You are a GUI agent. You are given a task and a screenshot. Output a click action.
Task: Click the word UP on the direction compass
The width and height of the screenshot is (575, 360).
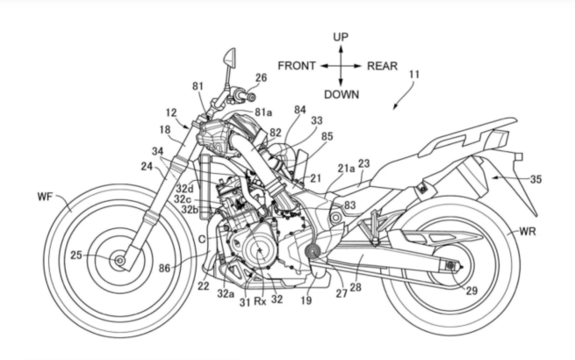point(341,37)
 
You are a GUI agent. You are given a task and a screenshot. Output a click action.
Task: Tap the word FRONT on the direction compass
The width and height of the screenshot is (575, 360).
point(297,66)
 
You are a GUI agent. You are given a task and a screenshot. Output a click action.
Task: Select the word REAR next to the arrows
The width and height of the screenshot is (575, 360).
point(383,66)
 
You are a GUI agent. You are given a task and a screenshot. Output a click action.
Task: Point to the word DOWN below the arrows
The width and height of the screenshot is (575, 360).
point(341,95)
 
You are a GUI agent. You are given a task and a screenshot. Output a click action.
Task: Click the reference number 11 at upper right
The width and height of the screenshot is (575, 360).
point(414,75)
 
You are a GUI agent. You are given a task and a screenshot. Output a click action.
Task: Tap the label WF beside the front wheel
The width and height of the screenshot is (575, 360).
point(45,197)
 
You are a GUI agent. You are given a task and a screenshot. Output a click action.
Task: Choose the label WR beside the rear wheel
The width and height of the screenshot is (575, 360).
point(528,232)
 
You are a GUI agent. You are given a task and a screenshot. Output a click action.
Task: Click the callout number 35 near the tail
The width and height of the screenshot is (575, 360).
point(535,179)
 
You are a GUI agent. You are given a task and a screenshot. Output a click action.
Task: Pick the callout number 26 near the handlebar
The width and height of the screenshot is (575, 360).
point(261,78)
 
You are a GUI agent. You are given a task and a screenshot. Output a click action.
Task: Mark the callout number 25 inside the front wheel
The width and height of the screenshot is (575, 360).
point(76,255)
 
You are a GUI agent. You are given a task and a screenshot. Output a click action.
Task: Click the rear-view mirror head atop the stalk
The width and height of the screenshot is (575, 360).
point(230,57)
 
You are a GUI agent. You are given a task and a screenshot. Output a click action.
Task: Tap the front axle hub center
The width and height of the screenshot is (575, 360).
point(119,261)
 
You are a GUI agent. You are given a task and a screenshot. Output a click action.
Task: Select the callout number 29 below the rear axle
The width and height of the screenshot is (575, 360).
point(472,291)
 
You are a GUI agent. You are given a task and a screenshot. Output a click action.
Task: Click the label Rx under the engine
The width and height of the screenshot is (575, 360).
point(260,302)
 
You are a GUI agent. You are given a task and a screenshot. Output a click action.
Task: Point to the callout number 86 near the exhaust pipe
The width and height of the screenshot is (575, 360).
point(165,269)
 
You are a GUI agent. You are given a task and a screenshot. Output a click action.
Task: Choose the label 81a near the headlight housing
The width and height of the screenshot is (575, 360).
point(263,112)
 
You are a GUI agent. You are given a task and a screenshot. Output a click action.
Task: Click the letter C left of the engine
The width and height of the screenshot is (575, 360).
point(202,239)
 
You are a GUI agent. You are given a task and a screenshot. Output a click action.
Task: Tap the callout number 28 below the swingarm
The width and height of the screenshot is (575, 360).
point(356,287)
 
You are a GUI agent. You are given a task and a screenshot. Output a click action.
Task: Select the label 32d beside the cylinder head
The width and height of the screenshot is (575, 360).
point(184,189)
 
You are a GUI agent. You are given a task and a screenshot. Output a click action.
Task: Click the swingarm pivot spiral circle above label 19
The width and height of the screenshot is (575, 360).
point(313,251)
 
